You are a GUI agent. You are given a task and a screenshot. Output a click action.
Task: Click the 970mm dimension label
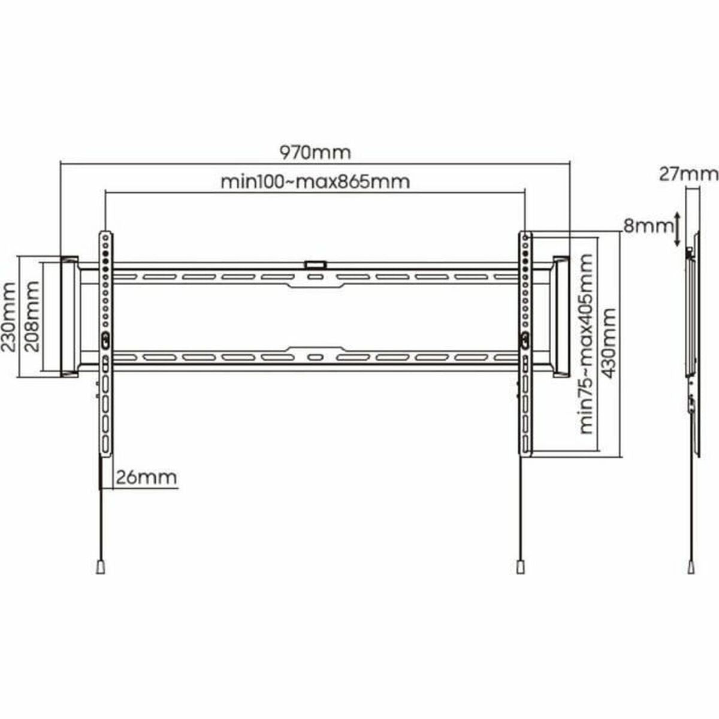coord(315,152)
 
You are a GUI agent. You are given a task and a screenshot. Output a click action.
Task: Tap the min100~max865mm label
coord(315,181)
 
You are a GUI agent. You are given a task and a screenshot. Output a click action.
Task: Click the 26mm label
coord(146,478)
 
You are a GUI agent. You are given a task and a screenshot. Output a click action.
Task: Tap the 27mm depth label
coord(688,174)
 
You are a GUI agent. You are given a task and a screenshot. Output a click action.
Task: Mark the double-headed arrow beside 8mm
coord(677,228)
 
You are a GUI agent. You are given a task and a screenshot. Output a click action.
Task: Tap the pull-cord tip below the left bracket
coord(101,567)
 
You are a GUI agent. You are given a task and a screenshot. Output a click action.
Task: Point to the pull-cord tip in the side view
coord(693,566)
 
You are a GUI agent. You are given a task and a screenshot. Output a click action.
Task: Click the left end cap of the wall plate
coord(69,316)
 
